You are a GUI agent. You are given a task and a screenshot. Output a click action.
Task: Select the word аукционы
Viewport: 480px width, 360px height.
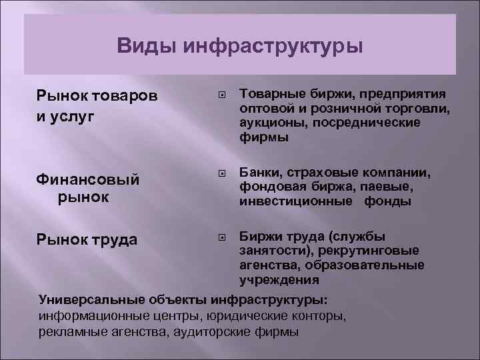270,123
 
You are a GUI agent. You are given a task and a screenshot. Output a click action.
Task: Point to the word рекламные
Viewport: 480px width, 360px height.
71,331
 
